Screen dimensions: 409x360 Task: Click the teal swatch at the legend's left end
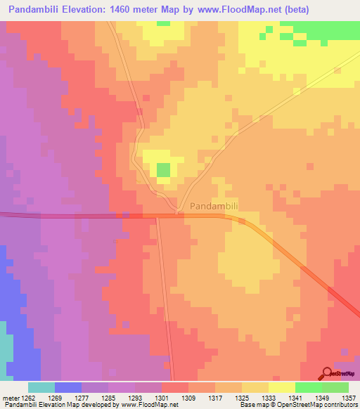41,387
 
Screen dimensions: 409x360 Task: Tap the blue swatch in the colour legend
68,387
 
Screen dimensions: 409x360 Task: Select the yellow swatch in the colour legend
282,387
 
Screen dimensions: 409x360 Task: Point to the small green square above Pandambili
163,169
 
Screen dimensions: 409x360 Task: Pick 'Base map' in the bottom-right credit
252,405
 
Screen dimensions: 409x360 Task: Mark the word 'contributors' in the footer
340,405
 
